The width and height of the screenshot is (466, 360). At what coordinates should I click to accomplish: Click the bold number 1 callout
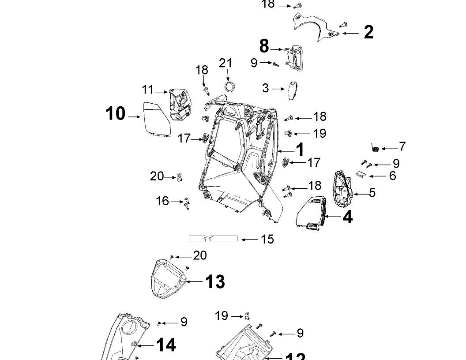300,150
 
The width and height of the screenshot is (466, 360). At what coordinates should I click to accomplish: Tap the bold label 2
368,32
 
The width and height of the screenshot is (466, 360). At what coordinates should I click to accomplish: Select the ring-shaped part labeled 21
229,86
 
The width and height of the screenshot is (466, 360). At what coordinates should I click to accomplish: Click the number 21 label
225,63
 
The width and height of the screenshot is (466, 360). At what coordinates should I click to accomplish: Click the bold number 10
115,114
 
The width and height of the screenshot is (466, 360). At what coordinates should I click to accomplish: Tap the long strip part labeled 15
213,239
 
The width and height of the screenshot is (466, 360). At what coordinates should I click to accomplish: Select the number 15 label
267,239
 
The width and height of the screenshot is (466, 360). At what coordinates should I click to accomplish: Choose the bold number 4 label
348,217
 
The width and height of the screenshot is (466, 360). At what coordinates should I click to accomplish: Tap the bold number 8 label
264,46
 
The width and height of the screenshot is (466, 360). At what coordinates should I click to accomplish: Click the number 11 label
147,90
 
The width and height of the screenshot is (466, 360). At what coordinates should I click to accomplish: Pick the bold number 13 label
215,281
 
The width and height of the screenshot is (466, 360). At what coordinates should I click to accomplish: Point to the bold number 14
166,345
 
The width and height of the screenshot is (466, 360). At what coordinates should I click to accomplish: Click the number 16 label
162,201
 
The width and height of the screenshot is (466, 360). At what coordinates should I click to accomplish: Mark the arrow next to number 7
389,149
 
